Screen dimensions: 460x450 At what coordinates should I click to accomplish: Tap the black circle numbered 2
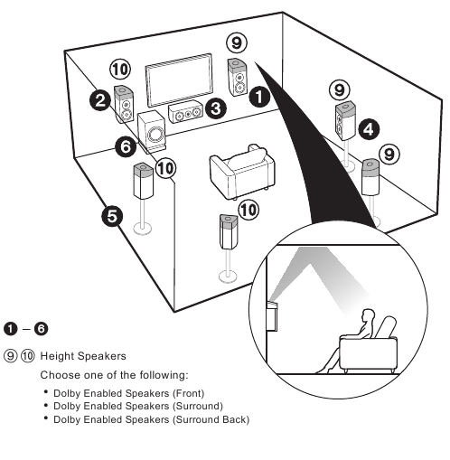tap(101, 100)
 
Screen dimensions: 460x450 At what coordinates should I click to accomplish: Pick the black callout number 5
tap(112, 218)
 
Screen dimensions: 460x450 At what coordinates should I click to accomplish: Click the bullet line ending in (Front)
tap(128, 393)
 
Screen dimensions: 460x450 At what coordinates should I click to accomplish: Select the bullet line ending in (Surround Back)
tap(151, 419)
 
